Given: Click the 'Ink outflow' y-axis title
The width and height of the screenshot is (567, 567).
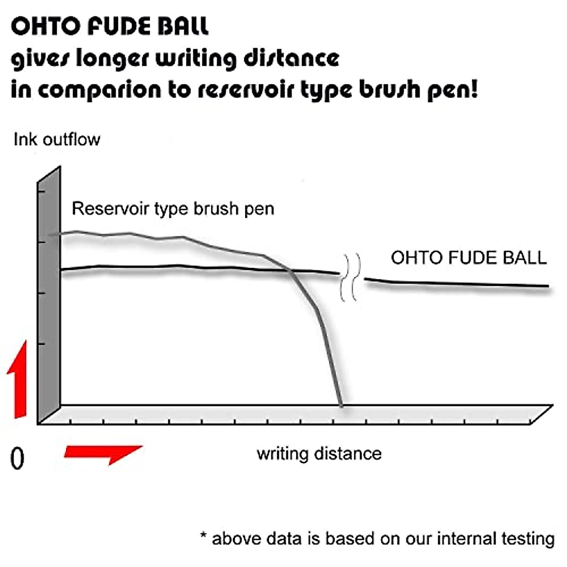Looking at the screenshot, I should [x=57, y=139].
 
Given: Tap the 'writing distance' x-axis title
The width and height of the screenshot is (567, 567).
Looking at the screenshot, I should [x=319, y=454].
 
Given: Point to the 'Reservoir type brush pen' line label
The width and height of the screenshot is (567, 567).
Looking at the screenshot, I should [x=173, y=208].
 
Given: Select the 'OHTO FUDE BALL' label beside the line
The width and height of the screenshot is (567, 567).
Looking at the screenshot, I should [x=469, y=258].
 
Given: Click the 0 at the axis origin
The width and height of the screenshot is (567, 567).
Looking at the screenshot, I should [x=17, y=458].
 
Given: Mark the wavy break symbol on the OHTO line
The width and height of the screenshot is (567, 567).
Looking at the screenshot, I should [x=351, y=277].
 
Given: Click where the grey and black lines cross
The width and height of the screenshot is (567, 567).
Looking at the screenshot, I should [x=289, y=270].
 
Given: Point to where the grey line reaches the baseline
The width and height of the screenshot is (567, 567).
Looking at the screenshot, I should [x=341, y=405].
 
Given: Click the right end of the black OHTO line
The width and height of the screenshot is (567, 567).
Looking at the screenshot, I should [x=547, y=286].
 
